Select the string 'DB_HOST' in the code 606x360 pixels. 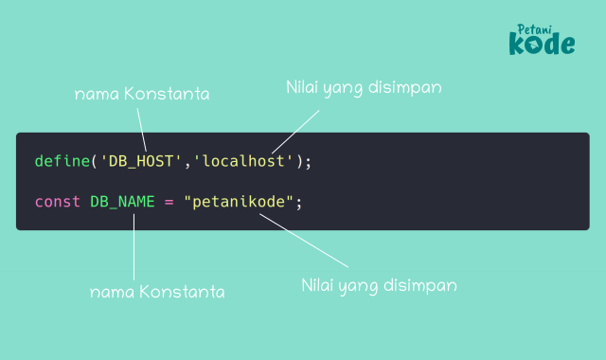click(141, 161)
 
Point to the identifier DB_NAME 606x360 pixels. click(122, 202)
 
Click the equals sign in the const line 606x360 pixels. click(169, 202)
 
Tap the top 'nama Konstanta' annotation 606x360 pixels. click(142, 95)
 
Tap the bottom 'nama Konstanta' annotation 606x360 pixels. click(157, 292)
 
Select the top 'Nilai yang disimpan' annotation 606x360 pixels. click(365, 87)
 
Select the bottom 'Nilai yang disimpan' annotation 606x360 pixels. click(380, 284)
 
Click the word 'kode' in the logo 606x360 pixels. click(542, 44)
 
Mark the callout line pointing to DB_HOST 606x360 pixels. click(143, 129)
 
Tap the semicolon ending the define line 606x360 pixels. click(308, 161)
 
